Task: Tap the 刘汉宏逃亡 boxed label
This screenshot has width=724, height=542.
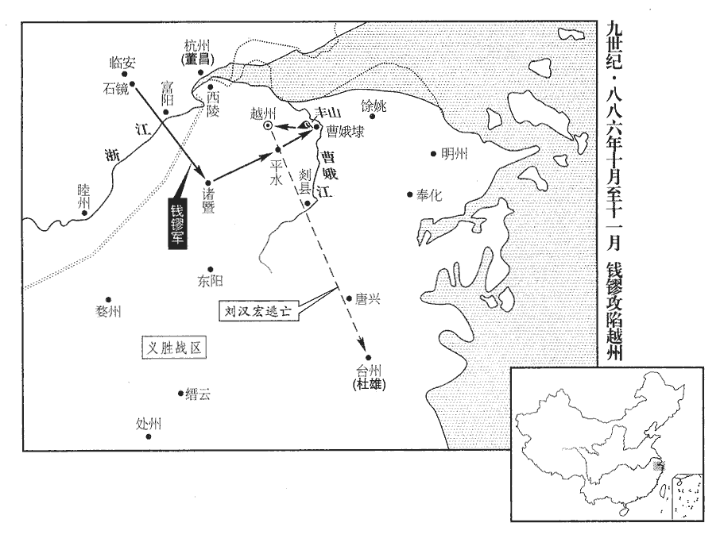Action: point(258,311)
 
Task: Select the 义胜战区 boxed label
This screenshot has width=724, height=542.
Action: point(174,348)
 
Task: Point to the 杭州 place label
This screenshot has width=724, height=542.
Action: point(197,45)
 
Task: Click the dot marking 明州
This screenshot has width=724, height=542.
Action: point(434,153)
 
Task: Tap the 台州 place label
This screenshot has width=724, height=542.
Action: point(369,371)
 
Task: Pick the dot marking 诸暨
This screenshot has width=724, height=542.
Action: point(208,182)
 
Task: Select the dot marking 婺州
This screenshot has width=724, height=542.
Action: point(109,300)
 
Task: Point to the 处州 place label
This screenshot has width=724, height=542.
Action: point(149,424)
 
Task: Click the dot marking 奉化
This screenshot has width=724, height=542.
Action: point(409,194)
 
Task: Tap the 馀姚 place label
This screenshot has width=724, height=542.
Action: point(374,106)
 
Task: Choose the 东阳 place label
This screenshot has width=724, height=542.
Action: point(210,281)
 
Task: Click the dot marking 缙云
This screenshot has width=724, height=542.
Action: point(180,393)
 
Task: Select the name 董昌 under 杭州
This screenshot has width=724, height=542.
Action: point(196,59)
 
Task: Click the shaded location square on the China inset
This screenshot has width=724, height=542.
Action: point(658,467)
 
